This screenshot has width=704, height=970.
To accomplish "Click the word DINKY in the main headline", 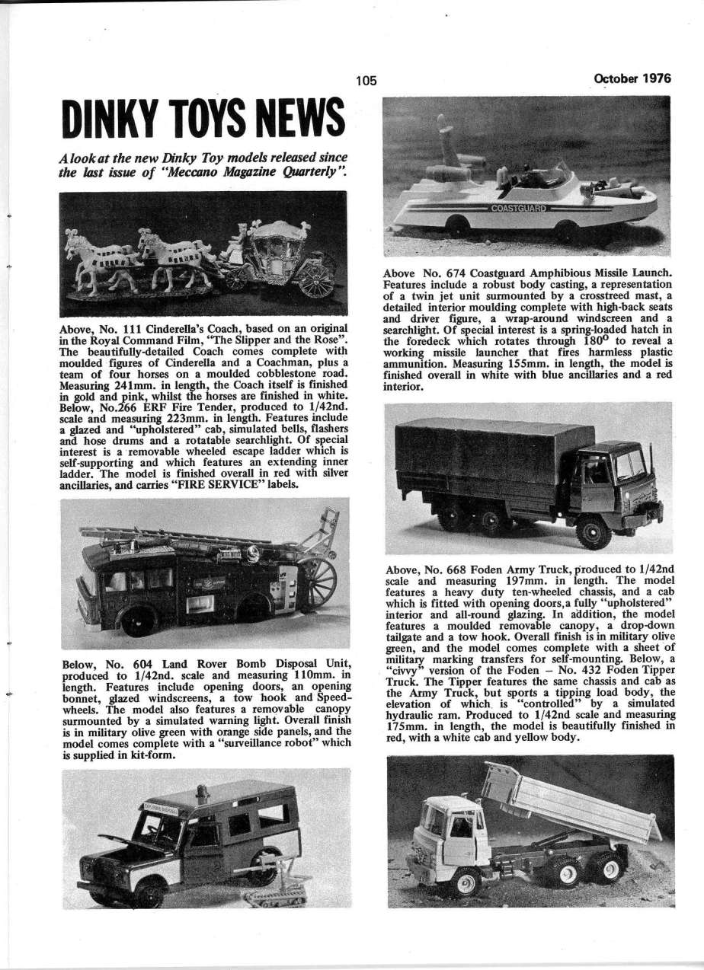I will tap(108, 119).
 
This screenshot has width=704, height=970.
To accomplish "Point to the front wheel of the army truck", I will tap(593, 530).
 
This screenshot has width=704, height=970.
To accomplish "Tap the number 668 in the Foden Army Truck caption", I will tap(450, 569).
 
